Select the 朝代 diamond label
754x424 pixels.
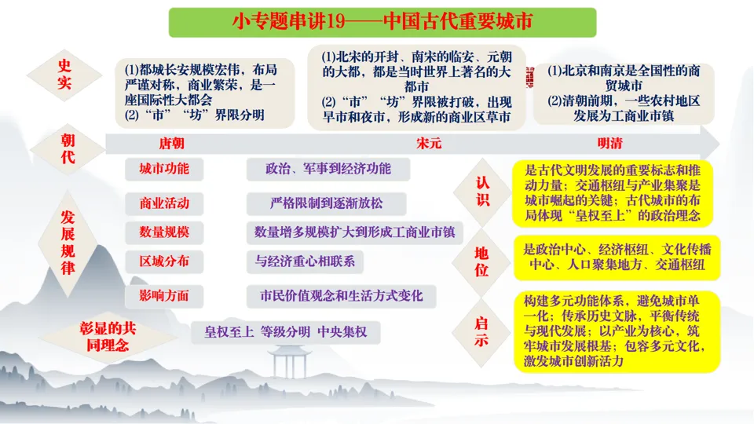click(x=68, y=148)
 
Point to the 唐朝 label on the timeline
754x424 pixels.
click(x=172, y=144)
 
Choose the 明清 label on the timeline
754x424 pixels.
click(x=613, y=144)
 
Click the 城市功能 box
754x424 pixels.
click(x=163, y=170)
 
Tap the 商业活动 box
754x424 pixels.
click(x=163, y=203)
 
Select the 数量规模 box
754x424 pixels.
click(x=163, y=232)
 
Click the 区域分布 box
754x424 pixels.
click(x=163, y=261)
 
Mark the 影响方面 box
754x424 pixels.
click(x=163, y=296)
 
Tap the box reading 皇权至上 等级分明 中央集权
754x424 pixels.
click(x=286, y=332)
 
